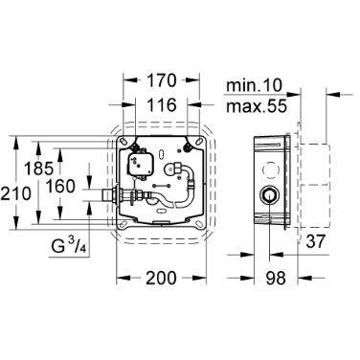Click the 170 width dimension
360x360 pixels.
pos(162,80)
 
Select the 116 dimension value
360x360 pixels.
pos(162,104)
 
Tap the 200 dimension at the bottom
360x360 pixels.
pos(161,278)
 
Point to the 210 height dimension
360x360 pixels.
pos(15,193)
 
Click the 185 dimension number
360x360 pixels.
pos(38,169)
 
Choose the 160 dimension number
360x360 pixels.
pos(60,187)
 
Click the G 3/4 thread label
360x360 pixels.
pos(69,246)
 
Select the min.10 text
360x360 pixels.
pos(255,85)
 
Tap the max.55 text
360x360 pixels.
pos(257,106)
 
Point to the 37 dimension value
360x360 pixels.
pos(315,241)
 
